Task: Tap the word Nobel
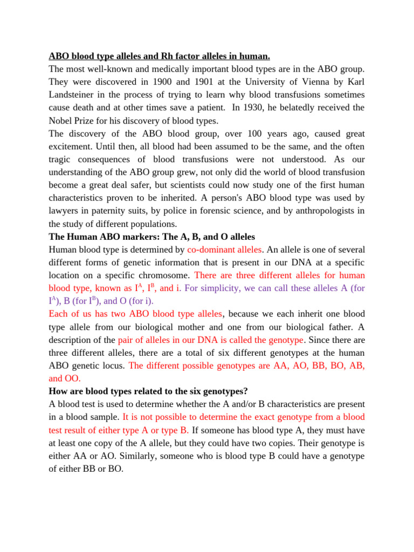click(61, 120)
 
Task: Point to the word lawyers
click(64, 211)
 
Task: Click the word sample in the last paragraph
click(106, 417)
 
